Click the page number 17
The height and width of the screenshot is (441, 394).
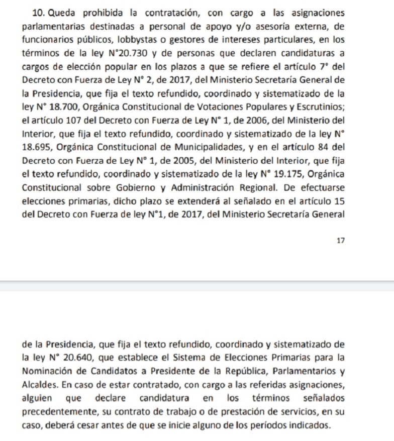coord(341,241)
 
